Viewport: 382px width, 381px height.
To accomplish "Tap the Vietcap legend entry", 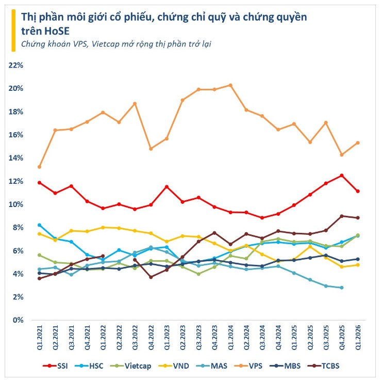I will pyautogui.click(x=136, y=366).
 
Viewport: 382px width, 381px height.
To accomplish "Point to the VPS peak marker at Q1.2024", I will pyautogui.click(x=230, y=85).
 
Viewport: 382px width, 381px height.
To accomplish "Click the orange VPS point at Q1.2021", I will pyautogui.click(x=39, y=167).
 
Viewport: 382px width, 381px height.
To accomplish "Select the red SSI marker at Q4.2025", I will pyautogui.click(x=342, y=176).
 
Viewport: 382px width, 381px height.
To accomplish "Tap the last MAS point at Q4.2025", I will pyautogui.click(x=342, y=288).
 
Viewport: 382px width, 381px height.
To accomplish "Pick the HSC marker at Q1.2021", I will pyautogui.click(x=39, y=225).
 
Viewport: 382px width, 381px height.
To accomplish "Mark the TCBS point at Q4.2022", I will pyautogui.click(x=151, y=277).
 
